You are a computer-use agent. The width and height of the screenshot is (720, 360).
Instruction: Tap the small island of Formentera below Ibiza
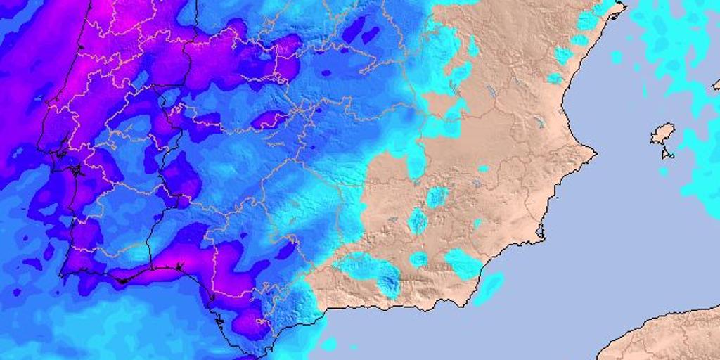[667, 153]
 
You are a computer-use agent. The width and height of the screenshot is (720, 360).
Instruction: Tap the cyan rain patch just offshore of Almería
[489, 286]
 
